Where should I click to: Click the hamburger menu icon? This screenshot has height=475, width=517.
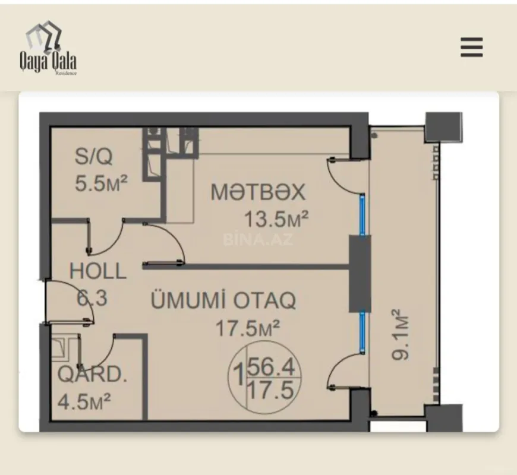coord(471,47)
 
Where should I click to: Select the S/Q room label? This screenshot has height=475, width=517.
coord(93,157)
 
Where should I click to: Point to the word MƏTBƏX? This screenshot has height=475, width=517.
coord(258,192)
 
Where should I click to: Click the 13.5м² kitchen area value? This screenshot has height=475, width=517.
coord(276,220)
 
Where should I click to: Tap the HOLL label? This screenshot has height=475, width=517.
coord(98,271)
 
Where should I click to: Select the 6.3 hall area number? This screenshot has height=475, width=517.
coord(92,297)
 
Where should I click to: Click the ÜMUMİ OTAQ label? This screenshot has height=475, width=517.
coord(224,301)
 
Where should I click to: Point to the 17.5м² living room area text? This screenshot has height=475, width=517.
coord(247,328)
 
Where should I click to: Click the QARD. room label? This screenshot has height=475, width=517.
coord(92,375)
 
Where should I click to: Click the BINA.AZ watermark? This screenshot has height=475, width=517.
coord(258,239)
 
